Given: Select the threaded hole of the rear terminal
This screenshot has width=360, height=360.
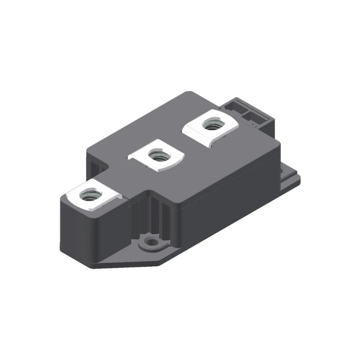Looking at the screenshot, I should coord(210,124).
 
